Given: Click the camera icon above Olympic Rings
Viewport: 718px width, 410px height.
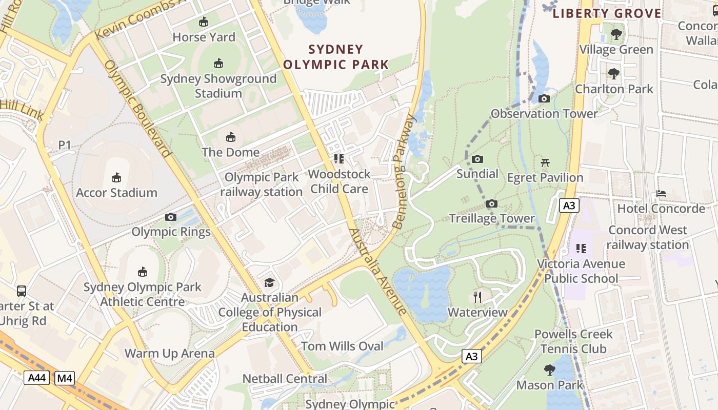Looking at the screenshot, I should [x=171, y=217].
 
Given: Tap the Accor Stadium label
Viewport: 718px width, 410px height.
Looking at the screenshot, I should [x=116, y=193].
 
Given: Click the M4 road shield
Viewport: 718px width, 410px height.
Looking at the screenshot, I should [x=65, y=378].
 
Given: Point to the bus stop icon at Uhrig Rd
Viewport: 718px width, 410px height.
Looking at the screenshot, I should [x=22, y=291].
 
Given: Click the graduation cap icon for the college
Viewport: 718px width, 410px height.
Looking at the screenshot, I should [x=269, y=282].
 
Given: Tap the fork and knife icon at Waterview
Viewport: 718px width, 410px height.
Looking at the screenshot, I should [x=477, y=297].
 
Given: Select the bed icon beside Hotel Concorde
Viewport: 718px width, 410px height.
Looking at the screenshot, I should [x=661, y=194].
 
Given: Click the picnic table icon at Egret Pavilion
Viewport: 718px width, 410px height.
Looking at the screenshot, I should [x=545, y=162].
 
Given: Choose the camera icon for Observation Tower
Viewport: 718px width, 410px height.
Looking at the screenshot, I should [x=544, y=98].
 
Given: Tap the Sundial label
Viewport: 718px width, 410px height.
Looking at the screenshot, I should [x=477, y=174].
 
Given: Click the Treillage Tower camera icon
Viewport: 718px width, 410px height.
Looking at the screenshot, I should [x=492, y=203].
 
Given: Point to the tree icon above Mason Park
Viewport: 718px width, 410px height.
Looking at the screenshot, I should [x=550, y=370].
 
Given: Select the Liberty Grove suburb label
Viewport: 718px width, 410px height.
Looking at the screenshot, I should [x=607, y=14].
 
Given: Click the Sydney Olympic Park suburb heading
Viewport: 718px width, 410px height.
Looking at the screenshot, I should [x=336, y=57].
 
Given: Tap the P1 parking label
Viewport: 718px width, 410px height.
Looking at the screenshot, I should [x=64, y=145].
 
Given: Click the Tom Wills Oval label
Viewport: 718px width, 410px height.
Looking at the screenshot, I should [x=342, y=346].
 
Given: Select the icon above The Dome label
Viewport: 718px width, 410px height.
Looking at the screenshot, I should [x=231, y=137].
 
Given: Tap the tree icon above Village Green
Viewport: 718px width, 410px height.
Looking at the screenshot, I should [x=616, y=34].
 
